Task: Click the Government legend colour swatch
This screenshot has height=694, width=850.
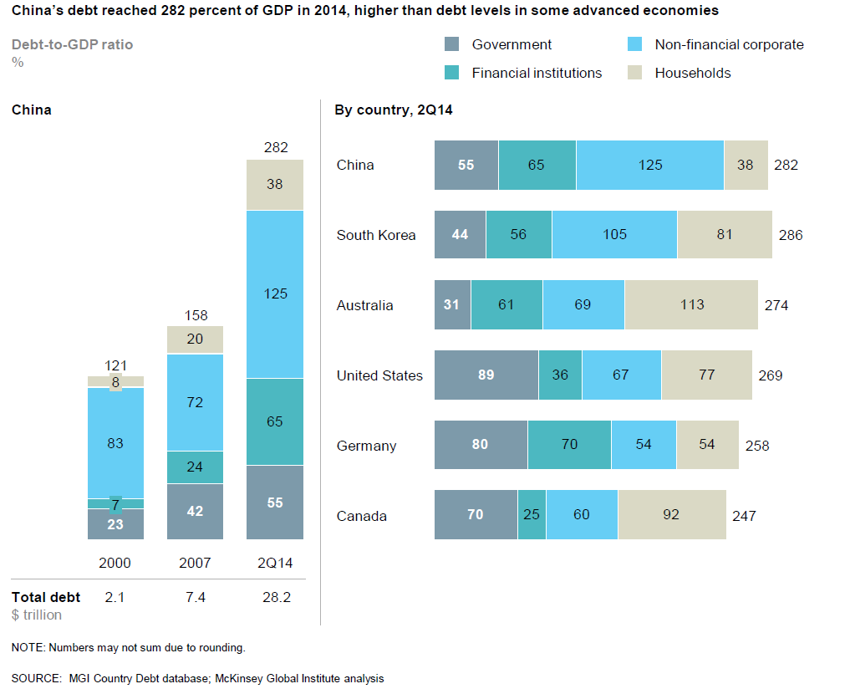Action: click(453, 45)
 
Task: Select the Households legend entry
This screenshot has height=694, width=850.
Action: click(692, 73)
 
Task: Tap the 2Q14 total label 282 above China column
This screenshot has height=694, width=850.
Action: click(276, 147)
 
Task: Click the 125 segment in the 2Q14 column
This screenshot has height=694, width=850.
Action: click(276, 293)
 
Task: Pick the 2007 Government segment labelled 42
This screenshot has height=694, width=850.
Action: click(195, 511)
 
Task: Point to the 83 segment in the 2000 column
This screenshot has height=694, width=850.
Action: click(115, 442)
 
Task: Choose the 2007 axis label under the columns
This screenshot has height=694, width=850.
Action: click(195, 563)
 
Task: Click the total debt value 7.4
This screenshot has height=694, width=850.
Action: click(195, 597)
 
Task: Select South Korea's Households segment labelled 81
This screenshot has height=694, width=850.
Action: click(724, 235)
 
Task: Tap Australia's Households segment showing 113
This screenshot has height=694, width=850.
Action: click(691, 305)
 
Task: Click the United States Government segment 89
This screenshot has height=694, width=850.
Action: click(486, 375)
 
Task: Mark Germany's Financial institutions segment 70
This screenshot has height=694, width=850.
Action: click(569, 446)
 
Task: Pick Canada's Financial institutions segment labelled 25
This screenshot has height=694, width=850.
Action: click(532, 515)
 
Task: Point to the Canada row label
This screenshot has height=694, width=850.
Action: click(362, 516)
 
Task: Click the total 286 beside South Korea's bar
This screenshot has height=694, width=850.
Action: click(790, 235)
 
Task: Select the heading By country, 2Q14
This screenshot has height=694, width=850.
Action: click(394, 110)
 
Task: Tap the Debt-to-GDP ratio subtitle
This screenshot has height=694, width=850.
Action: click(72, 44)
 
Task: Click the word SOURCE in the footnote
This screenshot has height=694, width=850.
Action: click(35, 678)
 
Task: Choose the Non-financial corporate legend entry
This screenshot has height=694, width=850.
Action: click(729, 45)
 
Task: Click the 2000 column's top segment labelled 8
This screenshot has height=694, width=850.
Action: click(115, 381)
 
